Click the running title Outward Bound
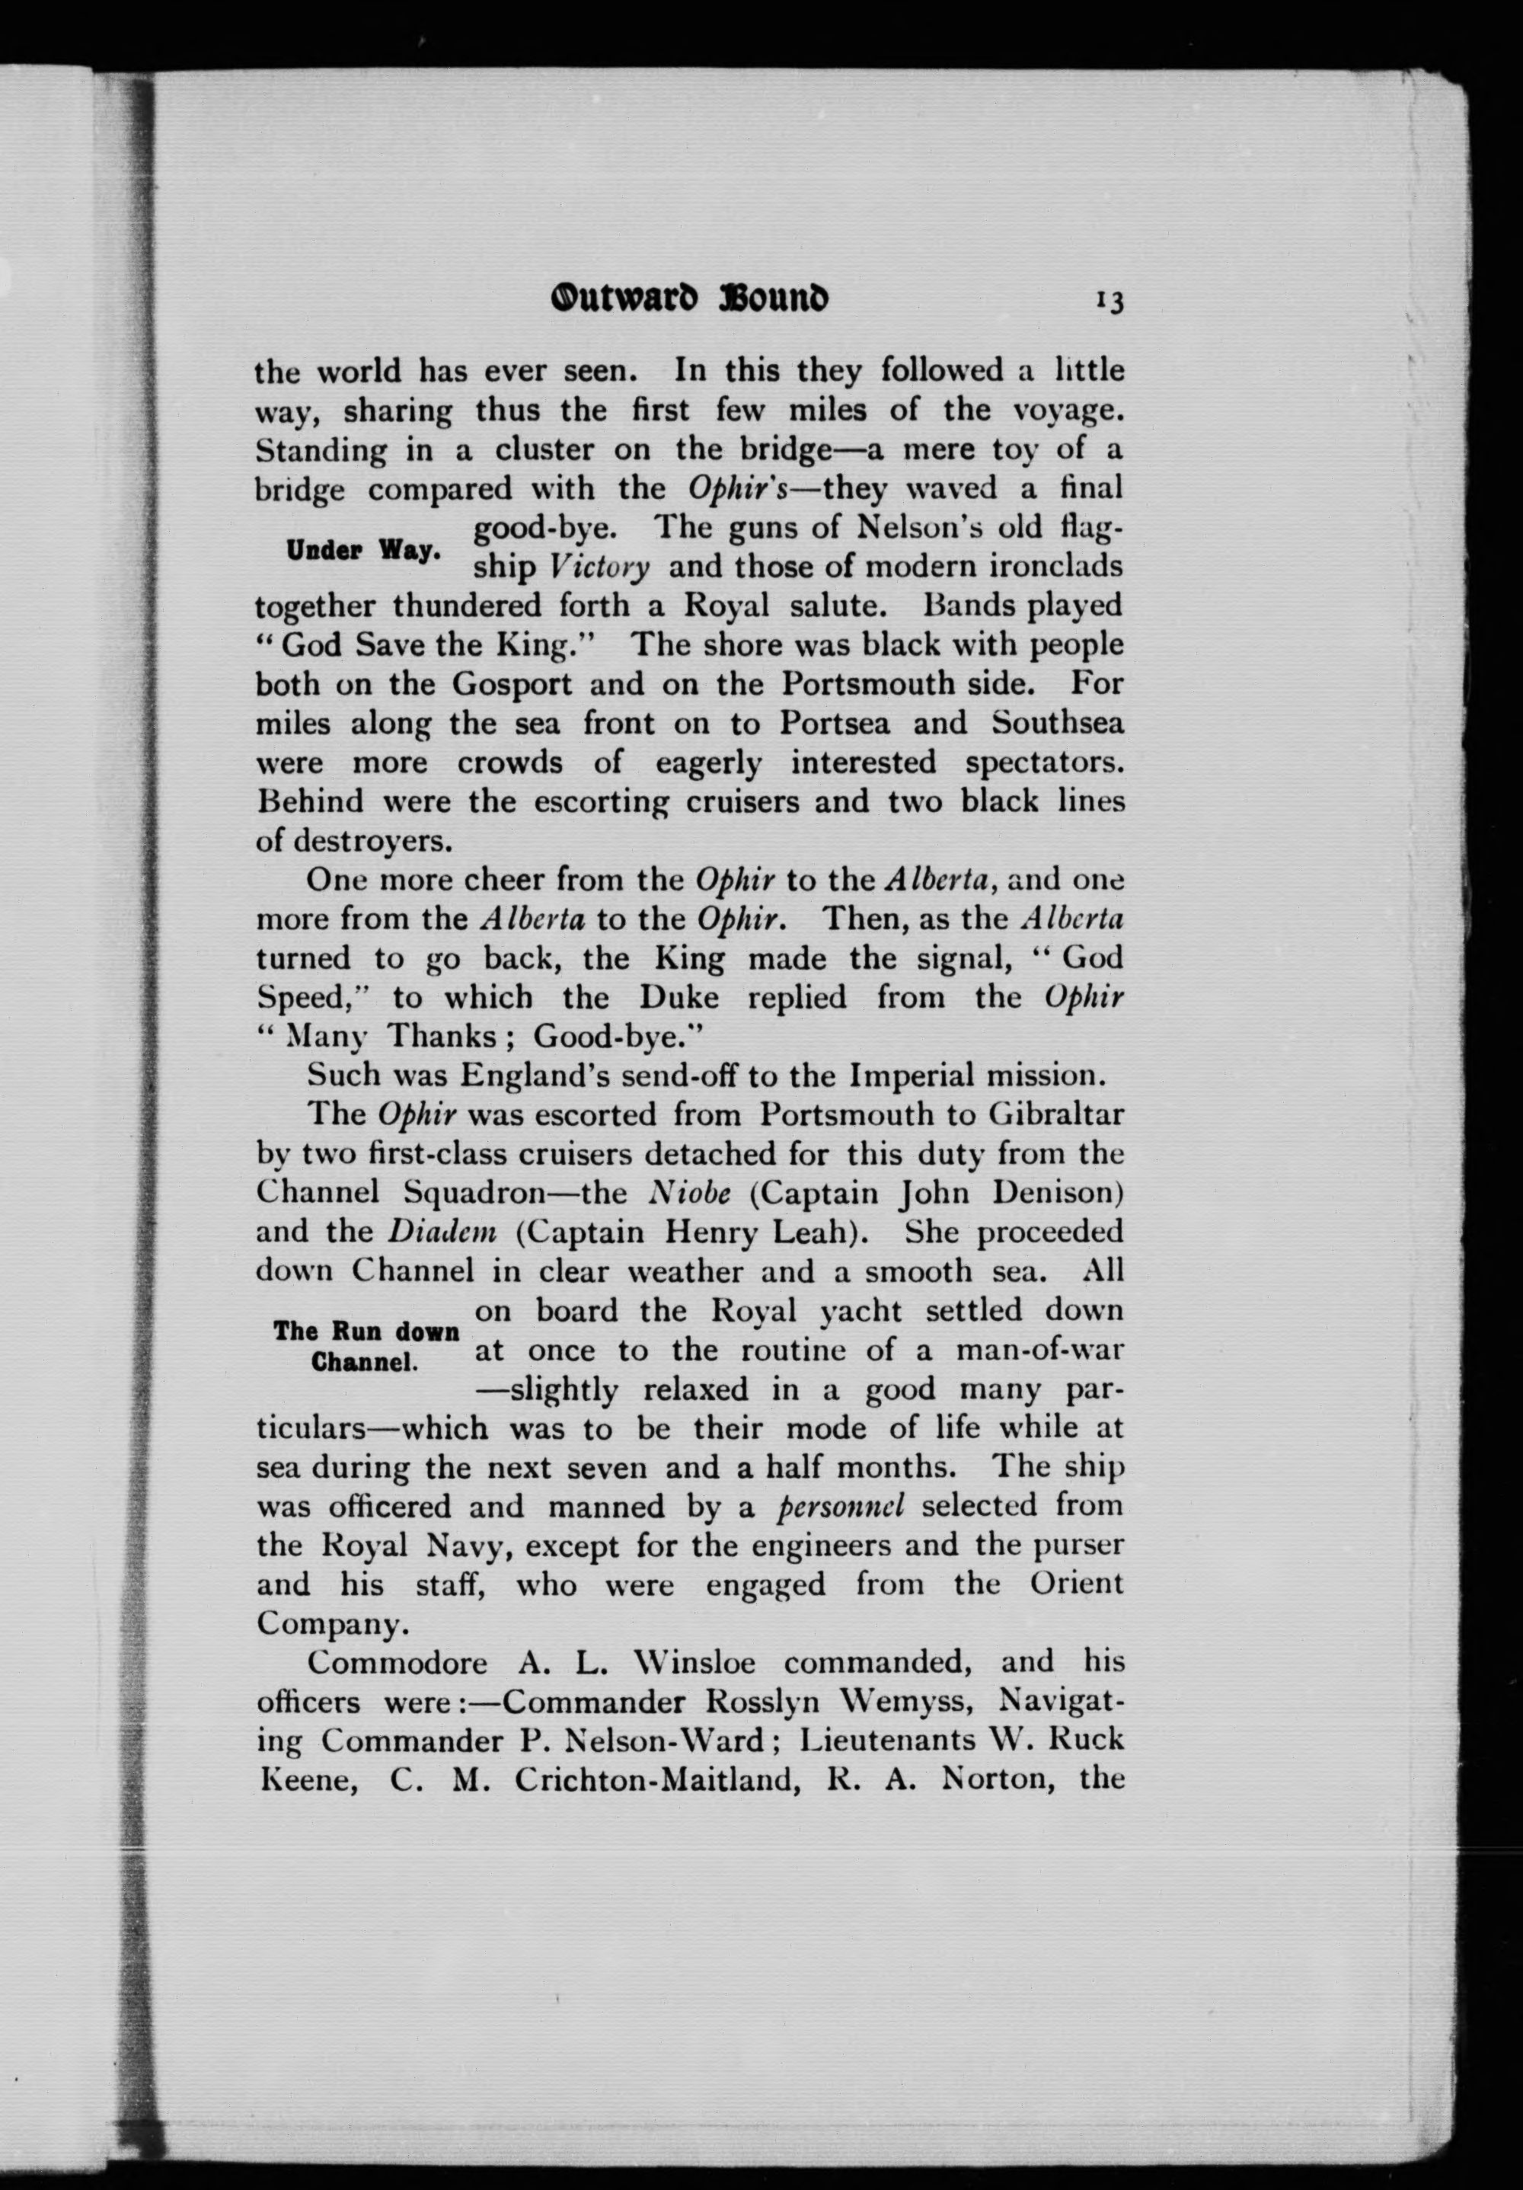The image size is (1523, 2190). click(x=688, y=299)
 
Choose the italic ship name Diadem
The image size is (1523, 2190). click(x=442, y=1232)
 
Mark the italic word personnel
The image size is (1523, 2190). click(x=840, y=1506)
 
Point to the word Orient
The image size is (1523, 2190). click(x=1077, y=1584)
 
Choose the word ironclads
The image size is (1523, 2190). click(x=1046, y=567)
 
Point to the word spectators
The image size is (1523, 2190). click(x=1046, y=763)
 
